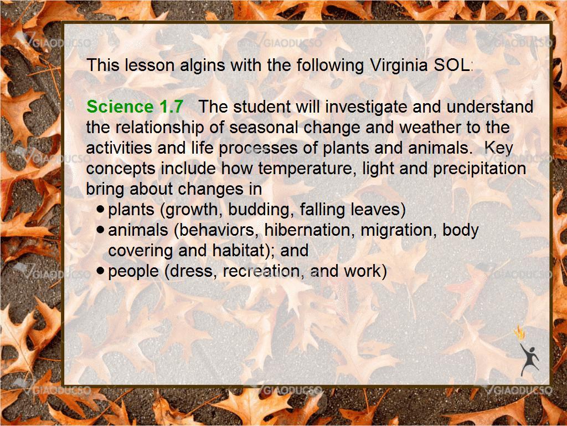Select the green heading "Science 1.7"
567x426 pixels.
point(135,107)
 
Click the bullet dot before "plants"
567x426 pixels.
point(101,209)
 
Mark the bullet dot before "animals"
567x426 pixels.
point(101,230)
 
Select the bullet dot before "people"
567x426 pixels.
point(101,270)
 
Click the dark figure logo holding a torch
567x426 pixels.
point(529,359)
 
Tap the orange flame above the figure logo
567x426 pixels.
point(520,333)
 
